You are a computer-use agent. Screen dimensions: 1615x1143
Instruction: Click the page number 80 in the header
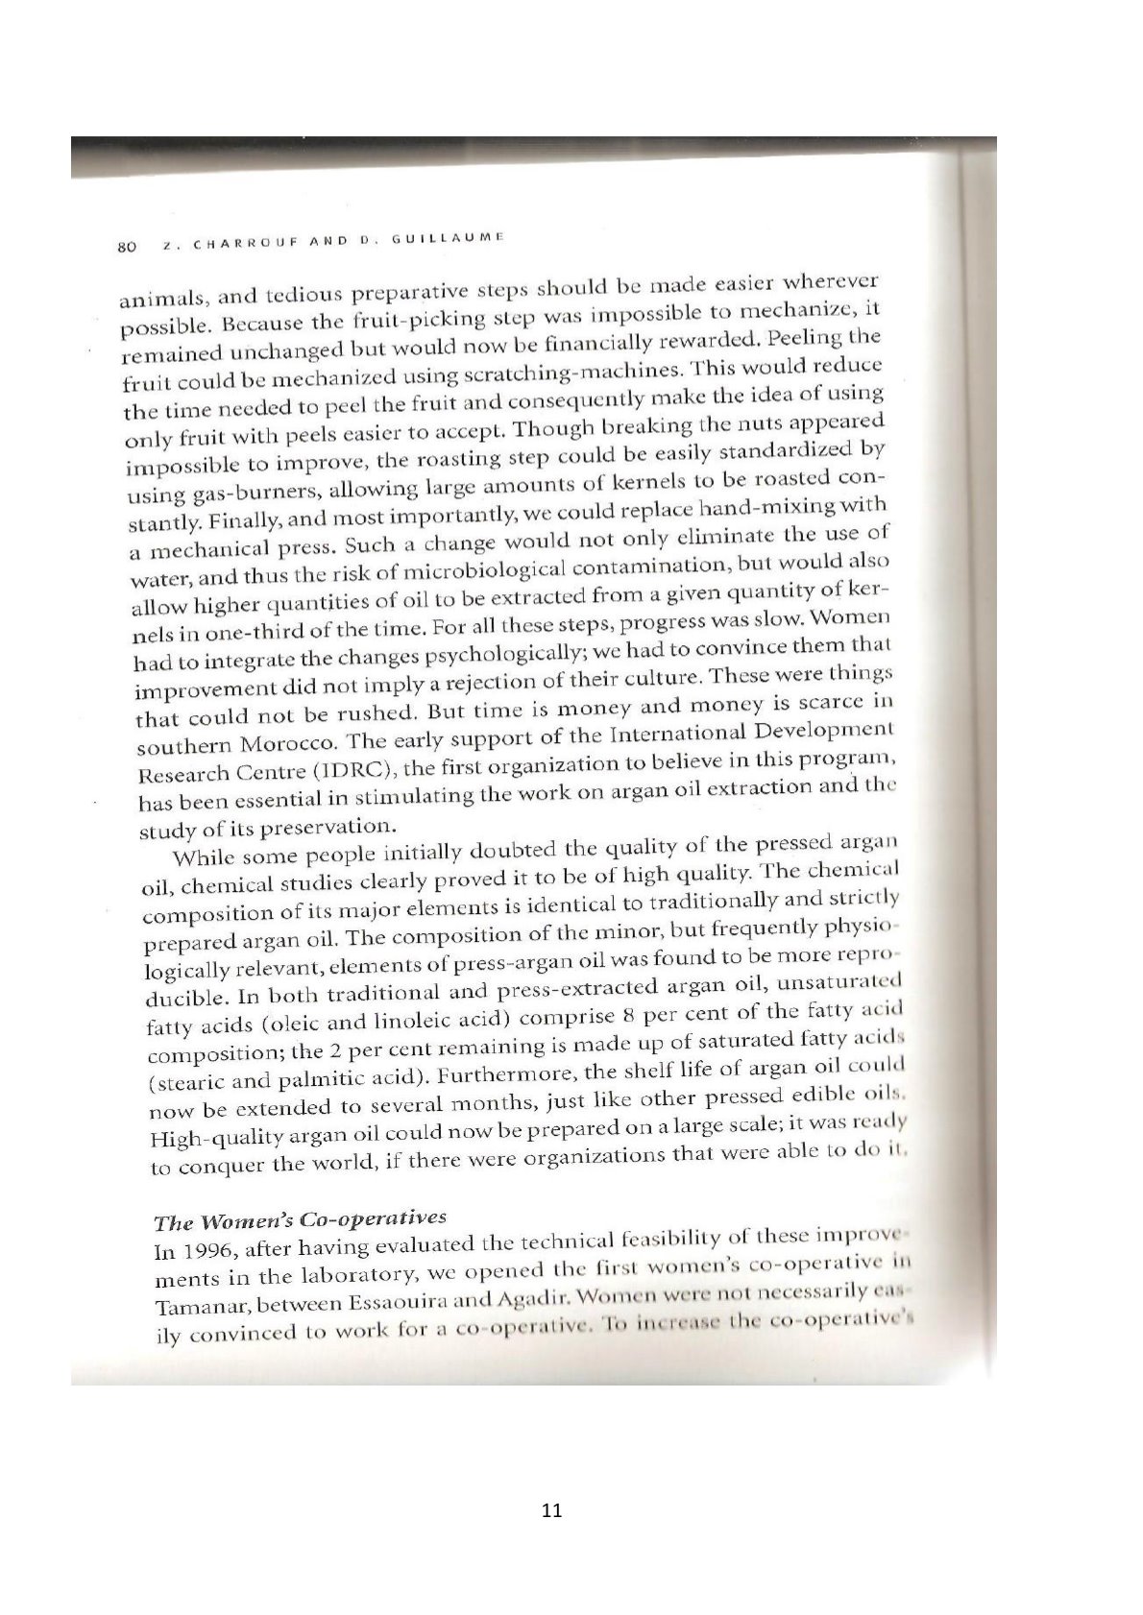124,247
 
